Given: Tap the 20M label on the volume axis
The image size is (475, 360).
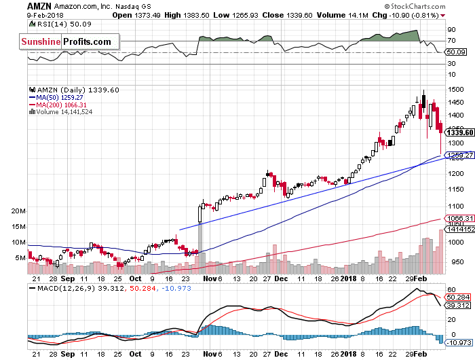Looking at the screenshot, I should (x=18, y=211).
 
